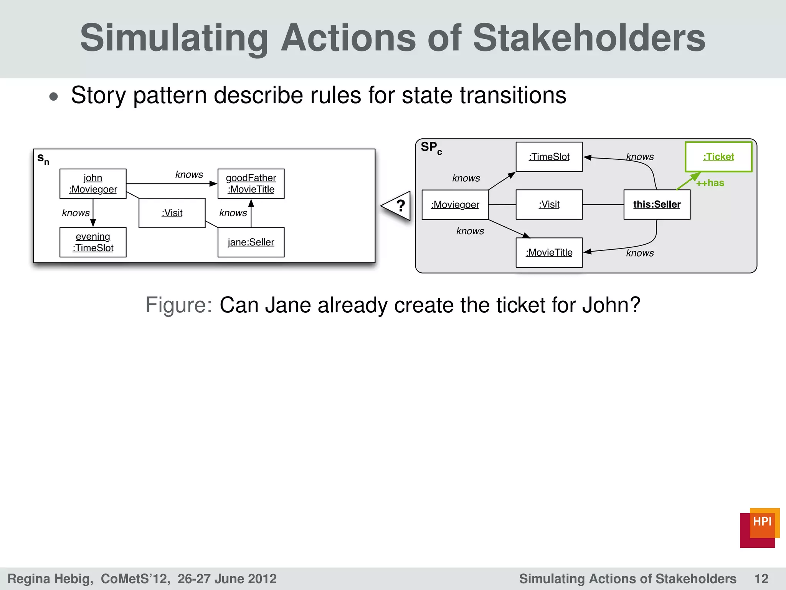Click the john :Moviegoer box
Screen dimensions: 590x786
93,184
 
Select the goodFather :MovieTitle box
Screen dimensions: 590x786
251,184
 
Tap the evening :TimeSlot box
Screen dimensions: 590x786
93,242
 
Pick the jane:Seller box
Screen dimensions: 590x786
251,242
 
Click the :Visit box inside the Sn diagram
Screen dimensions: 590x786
172,213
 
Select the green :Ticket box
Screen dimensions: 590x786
718,157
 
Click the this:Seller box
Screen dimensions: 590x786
657,204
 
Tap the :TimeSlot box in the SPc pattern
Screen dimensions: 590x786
549,157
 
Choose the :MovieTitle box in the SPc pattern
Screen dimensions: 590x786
549,252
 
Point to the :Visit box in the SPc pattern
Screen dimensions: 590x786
549,204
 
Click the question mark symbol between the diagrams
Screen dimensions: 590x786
400,206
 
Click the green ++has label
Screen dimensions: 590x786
710,183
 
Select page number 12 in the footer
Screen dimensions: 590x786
761,578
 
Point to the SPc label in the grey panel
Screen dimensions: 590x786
431,147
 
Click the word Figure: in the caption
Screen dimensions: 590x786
178,305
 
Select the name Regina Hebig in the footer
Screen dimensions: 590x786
50,578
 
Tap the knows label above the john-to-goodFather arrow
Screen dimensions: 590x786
189,175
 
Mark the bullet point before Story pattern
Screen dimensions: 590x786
54,96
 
